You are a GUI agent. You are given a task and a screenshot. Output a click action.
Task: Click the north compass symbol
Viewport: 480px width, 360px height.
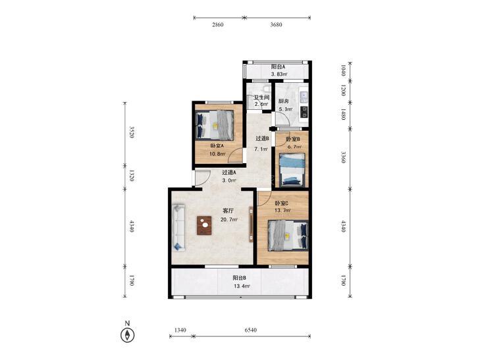coord(127,335)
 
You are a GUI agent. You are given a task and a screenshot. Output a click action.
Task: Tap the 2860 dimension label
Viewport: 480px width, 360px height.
coord(218,25)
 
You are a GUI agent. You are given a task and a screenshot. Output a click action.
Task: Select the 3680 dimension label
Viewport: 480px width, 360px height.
coord(276,25)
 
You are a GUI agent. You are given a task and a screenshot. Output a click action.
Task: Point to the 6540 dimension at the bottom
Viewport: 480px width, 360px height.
coord(251,330)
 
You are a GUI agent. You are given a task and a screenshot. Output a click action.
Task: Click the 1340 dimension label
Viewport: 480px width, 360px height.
coord(180,330)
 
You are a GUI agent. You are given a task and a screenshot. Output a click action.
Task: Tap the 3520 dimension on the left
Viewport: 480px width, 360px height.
coord(132,132)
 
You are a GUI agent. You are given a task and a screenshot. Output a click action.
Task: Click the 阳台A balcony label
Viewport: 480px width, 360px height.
coord(279,66)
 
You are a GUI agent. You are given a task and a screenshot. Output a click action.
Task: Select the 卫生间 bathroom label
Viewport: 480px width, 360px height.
coord(262,97)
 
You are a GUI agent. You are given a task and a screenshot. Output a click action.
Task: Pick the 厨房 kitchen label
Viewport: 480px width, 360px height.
coord(283,101)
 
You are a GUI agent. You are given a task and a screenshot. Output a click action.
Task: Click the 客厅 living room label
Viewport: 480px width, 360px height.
coord(228,211)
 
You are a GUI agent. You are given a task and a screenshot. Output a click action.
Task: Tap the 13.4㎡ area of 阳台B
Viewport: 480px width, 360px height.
coord(242,286)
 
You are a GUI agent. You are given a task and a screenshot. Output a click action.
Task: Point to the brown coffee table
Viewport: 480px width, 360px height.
coord(204,226)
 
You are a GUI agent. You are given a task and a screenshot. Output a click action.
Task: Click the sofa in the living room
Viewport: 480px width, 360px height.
coord(178,228)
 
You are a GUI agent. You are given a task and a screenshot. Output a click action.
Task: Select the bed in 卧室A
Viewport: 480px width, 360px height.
coord(215,125)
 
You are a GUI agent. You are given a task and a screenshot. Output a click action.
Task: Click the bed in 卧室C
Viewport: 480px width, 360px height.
coord(288,236)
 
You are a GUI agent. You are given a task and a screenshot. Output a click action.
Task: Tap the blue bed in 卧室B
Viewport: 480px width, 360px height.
coord(292,170)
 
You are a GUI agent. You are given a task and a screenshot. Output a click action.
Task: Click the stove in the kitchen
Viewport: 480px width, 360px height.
coord(304,112)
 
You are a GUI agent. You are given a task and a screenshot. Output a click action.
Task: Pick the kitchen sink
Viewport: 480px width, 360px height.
coord(304,96)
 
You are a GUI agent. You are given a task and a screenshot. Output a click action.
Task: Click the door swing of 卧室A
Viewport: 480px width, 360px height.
coord(235,155)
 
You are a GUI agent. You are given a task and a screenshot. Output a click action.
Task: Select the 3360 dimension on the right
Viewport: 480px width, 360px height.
coord(344,157)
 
